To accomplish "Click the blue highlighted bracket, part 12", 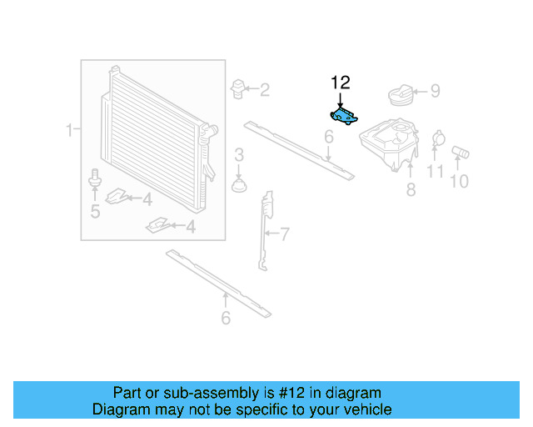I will (344, 117).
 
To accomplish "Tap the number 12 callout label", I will (341, 82).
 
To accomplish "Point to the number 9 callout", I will (435, 92).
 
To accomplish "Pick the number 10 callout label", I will (460, 181).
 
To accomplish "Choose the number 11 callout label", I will (436, 173).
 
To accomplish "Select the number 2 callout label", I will (264, 90).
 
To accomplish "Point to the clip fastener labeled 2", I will (238, 88).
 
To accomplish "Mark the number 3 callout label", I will (239, 154).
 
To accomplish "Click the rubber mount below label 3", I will (240, 183).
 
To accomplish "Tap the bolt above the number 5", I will (94, 178).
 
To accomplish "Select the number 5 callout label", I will (95, 212).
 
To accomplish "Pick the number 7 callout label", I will (284, 234).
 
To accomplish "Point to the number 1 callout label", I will (71, 129).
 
